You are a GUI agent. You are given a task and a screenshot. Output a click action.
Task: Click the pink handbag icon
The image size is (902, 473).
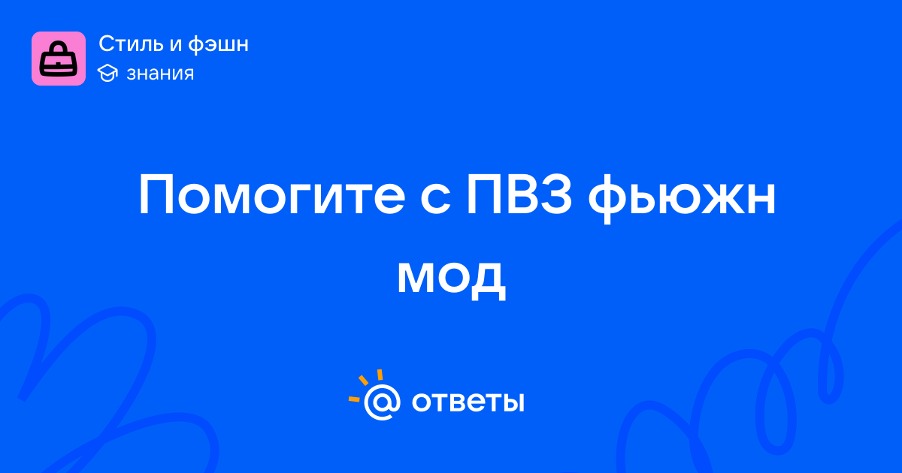coord(59,59)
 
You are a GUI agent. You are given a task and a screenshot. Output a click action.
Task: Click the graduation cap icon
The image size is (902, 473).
coord(107,73)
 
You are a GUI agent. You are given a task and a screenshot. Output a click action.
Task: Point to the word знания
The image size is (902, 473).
coord(160,74)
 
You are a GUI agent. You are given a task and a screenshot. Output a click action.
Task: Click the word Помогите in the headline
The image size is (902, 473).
coord(272,195)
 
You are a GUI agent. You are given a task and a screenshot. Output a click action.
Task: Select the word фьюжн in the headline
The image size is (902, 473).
coord(682,197)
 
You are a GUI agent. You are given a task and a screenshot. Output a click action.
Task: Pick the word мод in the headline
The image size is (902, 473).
coord(452,279)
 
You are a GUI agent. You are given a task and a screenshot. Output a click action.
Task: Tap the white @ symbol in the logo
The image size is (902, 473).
coord(382,402)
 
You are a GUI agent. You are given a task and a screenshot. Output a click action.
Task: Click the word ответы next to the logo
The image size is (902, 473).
coord(468,402)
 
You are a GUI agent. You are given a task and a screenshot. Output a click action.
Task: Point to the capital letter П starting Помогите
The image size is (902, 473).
coord(156,195)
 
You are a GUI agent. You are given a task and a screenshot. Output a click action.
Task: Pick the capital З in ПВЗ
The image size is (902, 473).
coord(555,195)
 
